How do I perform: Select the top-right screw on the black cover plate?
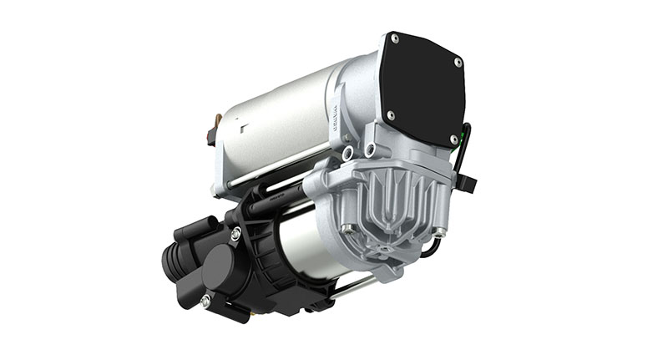coord(458,61)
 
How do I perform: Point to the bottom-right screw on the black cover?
coord(453,139)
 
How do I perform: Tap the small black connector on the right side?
coord(468,180)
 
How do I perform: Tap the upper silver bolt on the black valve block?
coord(236,236)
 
